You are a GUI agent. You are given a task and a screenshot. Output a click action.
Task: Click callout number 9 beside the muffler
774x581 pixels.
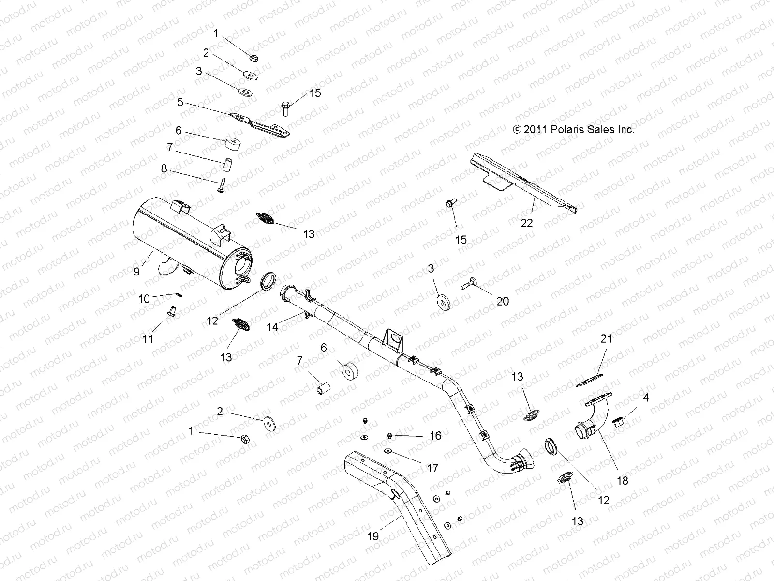(136, 272)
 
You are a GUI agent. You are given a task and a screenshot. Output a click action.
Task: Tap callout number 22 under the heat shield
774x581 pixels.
(526, 223)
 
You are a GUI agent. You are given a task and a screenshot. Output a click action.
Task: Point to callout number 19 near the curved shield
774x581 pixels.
(373, 536)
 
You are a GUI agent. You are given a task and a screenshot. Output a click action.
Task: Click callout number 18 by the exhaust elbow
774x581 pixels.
(623, 481)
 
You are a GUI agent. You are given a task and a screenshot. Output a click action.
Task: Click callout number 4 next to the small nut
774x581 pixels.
(645, 398)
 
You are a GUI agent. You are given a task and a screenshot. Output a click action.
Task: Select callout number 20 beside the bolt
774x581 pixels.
(503, 301)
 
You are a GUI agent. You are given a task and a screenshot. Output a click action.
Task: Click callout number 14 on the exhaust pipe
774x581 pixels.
(272, 327)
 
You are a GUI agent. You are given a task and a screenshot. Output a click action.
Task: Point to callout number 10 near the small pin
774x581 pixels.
(144, 299)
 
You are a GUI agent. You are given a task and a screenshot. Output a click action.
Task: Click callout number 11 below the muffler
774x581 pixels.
(148, 339)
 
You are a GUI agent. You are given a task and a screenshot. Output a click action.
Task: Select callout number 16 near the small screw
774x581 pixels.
(435, 436)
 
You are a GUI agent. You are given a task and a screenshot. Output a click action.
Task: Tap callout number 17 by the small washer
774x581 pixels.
(432, 468)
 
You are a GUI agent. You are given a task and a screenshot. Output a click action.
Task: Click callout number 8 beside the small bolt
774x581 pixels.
(164, 168)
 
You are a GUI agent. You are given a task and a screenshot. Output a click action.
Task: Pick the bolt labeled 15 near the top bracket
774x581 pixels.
(285, 107)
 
